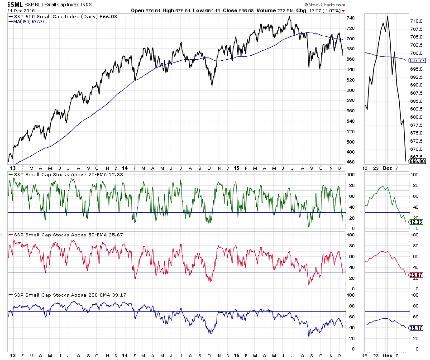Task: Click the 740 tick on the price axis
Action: tap(350, 18)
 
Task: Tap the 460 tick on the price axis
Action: tap(350, 162)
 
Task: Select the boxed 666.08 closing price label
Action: tap(417, 161)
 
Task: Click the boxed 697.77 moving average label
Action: tap(417, 60)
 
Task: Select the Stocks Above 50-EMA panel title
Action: tap(66, 235)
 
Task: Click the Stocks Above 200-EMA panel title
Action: tap(67, 295)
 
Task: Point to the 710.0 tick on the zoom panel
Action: tap(416, 21)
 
